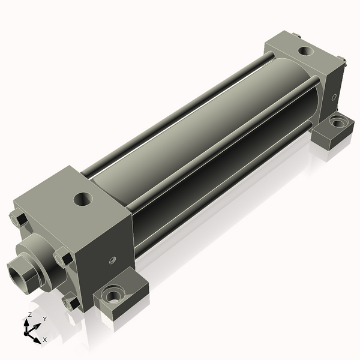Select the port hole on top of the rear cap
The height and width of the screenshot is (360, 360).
click(304, 52)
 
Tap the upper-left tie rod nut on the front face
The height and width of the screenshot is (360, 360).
click(19, 220)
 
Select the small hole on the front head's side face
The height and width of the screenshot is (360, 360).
click(112, 260)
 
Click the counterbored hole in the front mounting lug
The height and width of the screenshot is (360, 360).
click(113, 295)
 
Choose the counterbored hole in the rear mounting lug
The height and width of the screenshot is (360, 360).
click(338, 123)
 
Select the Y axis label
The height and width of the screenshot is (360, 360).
click(43, 319)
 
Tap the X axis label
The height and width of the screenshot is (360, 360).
click(44, 340)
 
